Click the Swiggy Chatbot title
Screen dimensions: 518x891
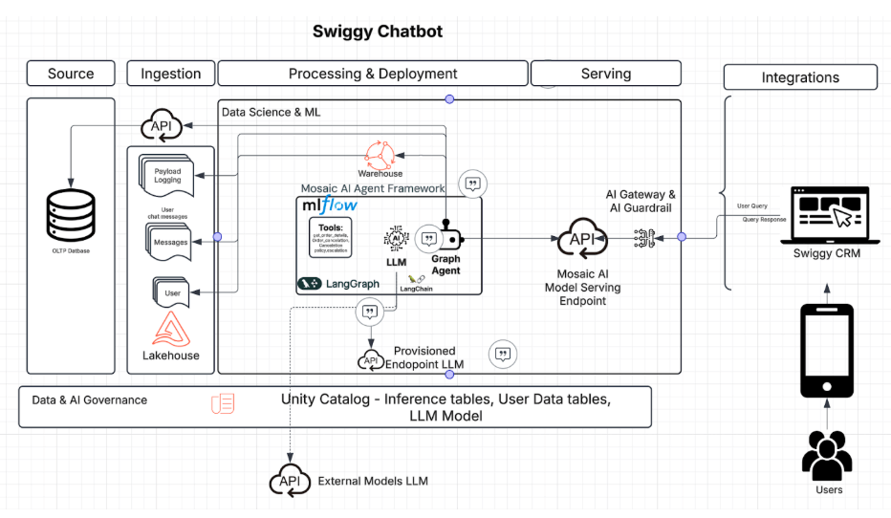coord(378,32)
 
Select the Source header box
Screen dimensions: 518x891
coord(71,74)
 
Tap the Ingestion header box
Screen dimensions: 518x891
coord(171,74)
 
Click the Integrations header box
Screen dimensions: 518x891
coord(800,77)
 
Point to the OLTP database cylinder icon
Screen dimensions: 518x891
coord(71,214)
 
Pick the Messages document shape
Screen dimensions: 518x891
coord(170,240)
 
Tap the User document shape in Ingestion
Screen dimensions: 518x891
coord(172,291)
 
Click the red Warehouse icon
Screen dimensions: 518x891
coord(380,155)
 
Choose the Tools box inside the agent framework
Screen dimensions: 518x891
coord(331,237)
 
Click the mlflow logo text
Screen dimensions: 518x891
coord(330,205)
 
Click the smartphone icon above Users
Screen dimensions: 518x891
coord(828,351)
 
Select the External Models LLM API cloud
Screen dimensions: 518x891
coord(290,481)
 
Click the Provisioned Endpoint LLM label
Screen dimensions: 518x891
coord(425,357)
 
